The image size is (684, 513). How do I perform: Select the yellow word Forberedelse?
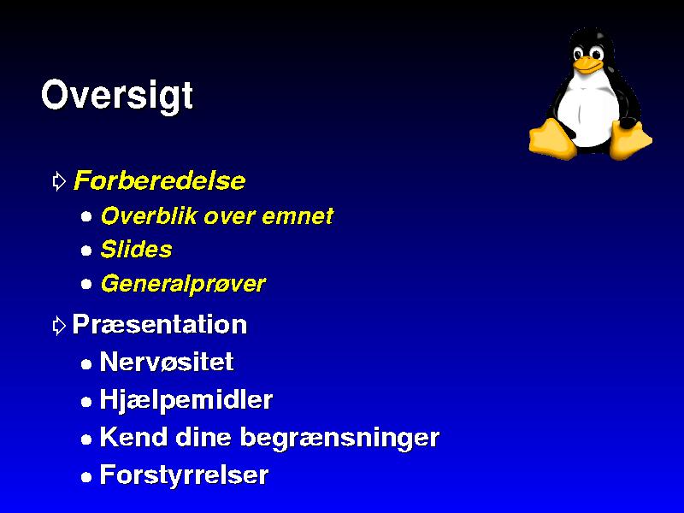pos(160,180)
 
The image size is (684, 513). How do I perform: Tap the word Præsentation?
pos(160,325)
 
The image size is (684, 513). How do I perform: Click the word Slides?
pos(136,250)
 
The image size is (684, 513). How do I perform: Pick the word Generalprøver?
pos(183,284)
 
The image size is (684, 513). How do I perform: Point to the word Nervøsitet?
pos(167,362)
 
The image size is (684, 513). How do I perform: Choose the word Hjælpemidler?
pos(186,399)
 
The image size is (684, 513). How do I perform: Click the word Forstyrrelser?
pos(184,475)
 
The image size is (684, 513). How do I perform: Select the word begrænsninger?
pos(339,438)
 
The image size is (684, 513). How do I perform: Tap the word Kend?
pos(134,437)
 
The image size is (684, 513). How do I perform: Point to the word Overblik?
pos(149,215)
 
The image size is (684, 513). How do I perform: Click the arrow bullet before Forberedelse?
pos(59,181)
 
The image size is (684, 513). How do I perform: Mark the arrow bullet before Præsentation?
pos(59,326)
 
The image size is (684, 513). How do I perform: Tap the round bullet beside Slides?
pos(86,251)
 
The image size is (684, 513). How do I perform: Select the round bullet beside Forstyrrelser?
pos(86,477)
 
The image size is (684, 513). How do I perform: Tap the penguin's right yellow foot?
pos(629,139)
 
